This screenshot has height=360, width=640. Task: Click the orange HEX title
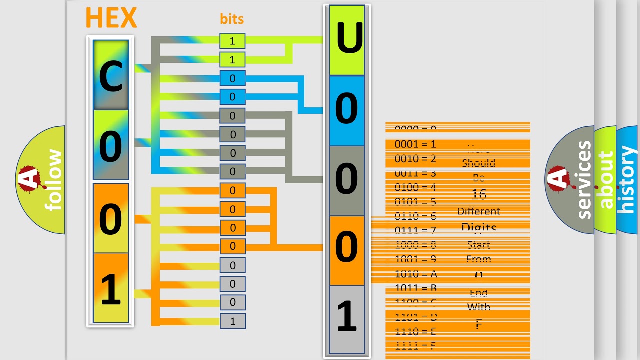coord(111,18)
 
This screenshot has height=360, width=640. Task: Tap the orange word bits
coord(232,19)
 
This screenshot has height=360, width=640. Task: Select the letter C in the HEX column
coord(111,77)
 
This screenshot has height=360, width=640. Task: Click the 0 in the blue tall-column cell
coord(346,110)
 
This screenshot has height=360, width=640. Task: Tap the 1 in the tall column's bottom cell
coord(346,316)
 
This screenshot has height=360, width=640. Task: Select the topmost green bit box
coord(232,41)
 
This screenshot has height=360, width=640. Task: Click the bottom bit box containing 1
coord(232,321)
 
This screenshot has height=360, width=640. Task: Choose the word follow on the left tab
coord(54,180)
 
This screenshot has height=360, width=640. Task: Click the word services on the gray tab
coord(583,180)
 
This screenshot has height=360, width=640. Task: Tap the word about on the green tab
coord(605,180)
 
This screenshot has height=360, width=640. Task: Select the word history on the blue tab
coord(627,180)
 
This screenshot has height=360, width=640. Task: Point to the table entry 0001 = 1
coord(415,144)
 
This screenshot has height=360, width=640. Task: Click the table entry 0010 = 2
coord(415,159)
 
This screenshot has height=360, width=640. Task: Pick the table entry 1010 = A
coord(415,274)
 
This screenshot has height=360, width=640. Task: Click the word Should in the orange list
coord(478,163)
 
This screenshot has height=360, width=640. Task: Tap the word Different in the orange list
coord(478,211)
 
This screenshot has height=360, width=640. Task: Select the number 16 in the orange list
coord(478,194)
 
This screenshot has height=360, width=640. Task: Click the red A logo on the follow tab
coord(29,179)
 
